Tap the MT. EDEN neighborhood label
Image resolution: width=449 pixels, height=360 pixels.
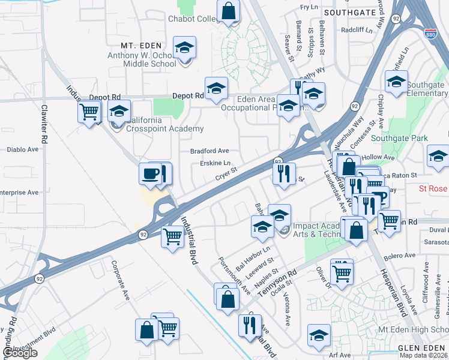[142, 46]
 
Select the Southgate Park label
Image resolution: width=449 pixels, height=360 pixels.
[399, 138]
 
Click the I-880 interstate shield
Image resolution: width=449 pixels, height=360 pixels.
[430, 34]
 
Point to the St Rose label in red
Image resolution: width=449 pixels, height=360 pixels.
[433, 188]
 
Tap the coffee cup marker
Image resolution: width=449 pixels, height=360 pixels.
[150, 173]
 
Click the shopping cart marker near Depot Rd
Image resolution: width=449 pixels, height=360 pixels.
[89, 111]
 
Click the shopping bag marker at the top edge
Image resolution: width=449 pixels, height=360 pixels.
[228, 10]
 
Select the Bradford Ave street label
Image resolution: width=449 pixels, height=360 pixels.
[209, 151]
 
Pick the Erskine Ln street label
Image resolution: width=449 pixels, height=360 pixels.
[215, 163]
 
